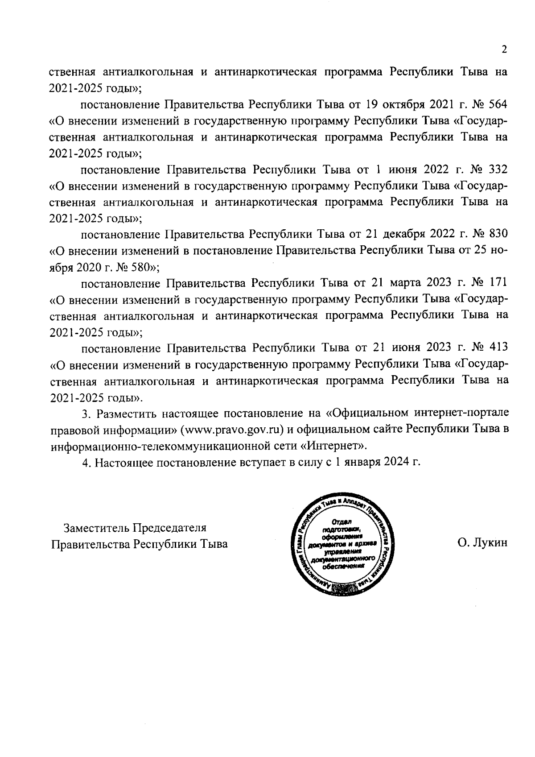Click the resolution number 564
coord(498,105)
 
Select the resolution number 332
coord(498,170)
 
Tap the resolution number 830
coord(498,234)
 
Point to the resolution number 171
coord(498,283)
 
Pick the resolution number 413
coord(498,347)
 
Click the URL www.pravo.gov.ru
coord(232,430)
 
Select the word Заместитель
coord(92,528)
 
